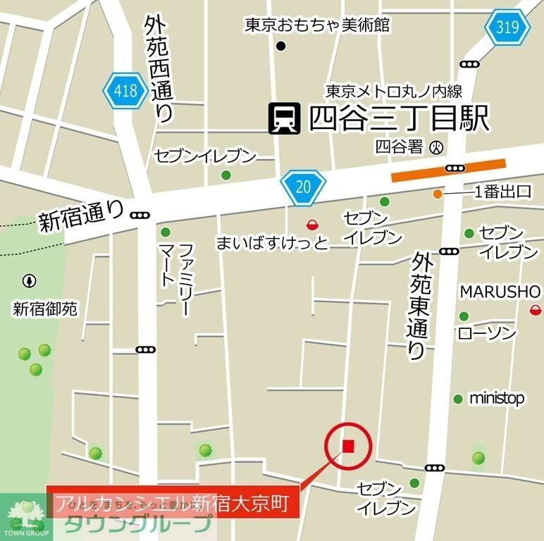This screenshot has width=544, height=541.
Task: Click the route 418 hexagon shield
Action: coord(125,90)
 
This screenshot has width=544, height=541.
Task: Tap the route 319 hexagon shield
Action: coord(507,28)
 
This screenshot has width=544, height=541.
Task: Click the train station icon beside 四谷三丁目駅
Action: coord(285,118)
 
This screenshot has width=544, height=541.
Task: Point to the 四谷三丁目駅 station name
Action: coord(399,118)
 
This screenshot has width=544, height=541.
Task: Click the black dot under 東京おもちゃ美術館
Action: coord(280,46)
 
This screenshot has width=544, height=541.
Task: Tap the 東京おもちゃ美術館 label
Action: coord(317,25)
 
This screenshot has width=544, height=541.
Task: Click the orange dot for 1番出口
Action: coord(438,194)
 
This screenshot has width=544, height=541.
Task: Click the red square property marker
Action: coord(347,445)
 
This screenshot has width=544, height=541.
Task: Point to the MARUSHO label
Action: coord(500,292)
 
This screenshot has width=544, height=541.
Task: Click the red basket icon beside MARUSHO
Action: coord(536,309)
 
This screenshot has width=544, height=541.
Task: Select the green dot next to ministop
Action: coord(458,399)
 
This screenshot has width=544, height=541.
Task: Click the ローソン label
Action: coord(487,333)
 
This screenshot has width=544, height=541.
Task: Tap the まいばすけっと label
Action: coord(272,244)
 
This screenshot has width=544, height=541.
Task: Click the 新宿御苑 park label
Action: coord(46,309)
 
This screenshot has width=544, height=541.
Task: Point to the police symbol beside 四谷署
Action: coord(438,147)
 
